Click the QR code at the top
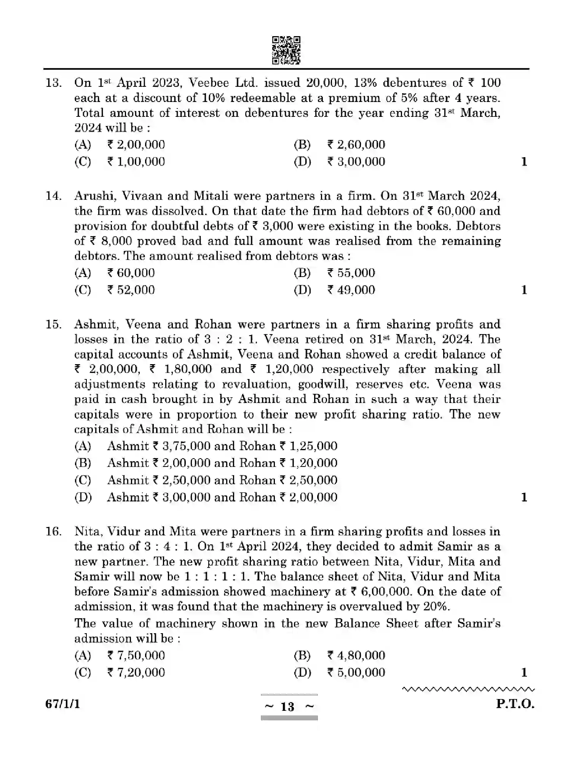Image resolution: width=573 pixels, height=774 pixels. click(x=286, y=50)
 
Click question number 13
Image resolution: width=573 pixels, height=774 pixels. click(x=53, y=83)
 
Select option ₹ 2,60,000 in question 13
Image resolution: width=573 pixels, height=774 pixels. click(x=356, y=145)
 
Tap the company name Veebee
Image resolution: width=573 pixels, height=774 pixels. click(x=209, y=83)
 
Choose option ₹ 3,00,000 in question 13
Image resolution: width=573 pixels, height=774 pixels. click(x=356, y=162)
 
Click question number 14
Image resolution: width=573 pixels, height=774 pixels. click(x=53, y=196)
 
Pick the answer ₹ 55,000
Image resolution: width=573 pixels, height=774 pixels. click(x=351, y=273)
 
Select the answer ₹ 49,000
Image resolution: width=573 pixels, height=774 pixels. click(x=351, y=290)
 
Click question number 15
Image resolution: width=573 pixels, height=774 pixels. click(x=53, y=324)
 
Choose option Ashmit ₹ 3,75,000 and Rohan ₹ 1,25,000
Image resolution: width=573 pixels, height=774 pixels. click(x=222, y=446)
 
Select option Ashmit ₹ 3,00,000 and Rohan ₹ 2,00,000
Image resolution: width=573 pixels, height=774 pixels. click(x=222, y=497)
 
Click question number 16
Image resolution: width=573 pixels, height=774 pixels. click(x=53, y=531)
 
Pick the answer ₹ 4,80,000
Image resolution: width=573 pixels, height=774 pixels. click(x=356, y=655)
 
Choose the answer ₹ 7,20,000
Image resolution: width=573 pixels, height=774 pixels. click(x=136, y=672)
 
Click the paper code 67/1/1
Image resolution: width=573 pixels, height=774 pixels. click(x=62, y=704)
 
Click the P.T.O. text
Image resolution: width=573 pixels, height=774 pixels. click(x=515, y=704)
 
